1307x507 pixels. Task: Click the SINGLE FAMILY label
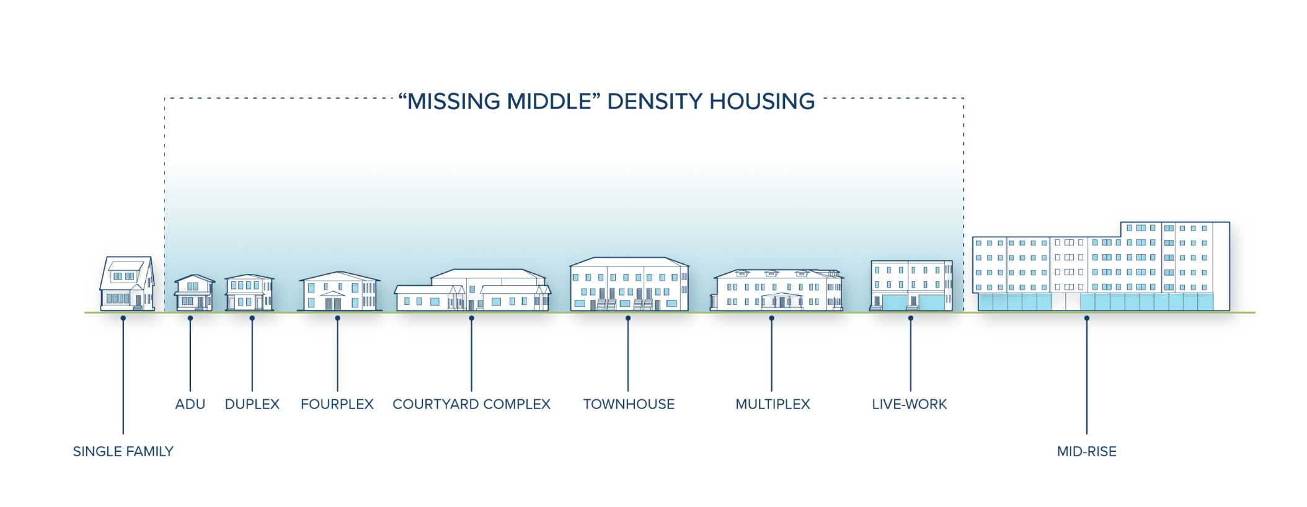pos(123,451)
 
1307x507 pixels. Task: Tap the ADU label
pos(190,404)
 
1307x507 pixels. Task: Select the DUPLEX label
pos(252,404)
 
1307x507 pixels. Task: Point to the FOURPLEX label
pos(337,404)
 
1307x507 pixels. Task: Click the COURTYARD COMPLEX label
pos(471,404)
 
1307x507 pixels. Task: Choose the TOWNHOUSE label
pos(629,404)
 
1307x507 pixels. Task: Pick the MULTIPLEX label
pos(773,404)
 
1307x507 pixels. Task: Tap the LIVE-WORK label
pos(910,404)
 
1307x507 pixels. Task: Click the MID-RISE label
pos(1087,451)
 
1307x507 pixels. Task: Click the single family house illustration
pos(127,284)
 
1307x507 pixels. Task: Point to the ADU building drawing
pos(194,293)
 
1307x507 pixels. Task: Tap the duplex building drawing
pos(249,293)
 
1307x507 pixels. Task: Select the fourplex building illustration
pos(340,291)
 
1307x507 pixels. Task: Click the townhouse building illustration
pos(629,284)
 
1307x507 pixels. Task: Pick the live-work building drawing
pos(911,286)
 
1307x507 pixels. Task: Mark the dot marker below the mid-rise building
pos(1087,319)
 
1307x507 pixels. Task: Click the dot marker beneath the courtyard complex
pos(471,319)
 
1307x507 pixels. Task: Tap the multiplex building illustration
pos(777,290)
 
